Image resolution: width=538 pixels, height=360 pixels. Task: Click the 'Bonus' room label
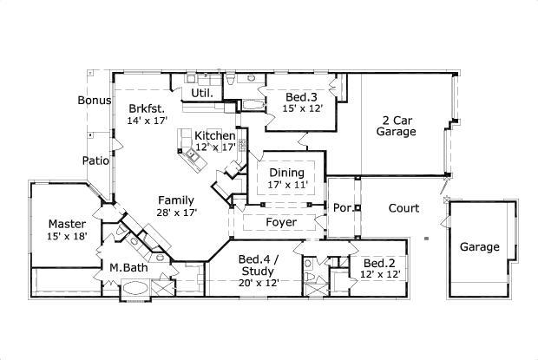click(x=95, y=101)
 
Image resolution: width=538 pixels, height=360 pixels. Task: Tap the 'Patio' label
click(x=95, y=160)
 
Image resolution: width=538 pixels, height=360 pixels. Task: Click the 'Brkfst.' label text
click(x=147, y=108)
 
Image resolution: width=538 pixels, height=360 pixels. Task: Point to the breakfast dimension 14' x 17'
click(x=147, y=121)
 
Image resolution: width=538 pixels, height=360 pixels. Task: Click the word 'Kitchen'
click(x=213, y=136)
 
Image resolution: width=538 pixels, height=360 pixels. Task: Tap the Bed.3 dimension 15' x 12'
click(x=303, y=108)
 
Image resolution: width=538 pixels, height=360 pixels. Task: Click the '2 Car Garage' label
click(x=397, y=126)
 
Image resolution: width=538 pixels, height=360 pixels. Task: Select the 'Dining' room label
click(x=285, y=173)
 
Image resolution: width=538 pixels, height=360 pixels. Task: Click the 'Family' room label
click(x=177, y=199)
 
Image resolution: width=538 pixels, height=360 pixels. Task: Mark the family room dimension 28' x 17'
click(x=177, y=212)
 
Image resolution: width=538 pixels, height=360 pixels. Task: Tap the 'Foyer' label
click(x=281, y=223)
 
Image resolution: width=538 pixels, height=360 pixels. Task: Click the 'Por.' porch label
click(x=342, y=208)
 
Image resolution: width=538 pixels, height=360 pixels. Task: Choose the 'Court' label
click(x=403, y=208)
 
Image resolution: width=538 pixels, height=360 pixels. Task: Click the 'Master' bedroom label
click(x=66, y=223)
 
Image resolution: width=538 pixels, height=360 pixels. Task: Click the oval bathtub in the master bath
click(x=134, y=290)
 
